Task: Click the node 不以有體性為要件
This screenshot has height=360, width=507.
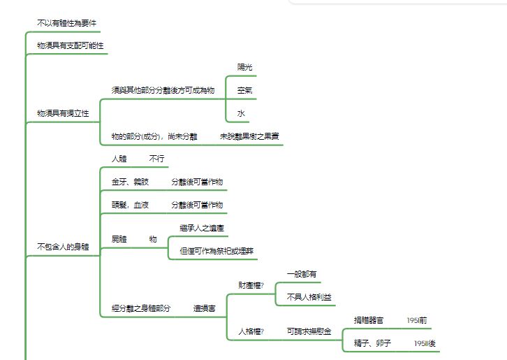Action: point(66,23)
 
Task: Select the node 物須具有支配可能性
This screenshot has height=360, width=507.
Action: point(70,45)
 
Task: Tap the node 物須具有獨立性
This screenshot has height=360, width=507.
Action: point(63,113)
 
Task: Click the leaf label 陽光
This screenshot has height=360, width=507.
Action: point(244,67)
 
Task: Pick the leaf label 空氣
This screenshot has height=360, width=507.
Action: point(244,90)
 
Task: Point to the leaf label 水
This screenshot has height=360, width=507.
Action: point(241,113)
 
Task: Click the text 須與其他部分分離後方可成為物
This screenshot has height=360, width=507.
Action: point(163,90)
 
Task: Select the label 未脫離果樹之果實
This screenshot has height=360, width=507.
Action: point(249,136)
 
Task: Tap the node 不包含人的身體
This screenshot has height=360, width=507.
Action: point(63,247)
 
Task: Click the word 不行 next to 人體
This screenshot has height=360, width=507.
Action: point(157,159)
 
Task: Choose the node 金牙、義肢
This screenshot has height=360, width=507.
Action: point(130,182)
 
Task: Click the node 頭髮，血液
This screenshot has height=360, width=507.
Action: point(130,205)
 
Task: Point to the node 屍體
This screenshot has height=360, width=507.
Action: point(119,239)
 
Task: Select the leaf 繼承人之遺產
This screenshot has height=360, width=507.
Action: point(202,228)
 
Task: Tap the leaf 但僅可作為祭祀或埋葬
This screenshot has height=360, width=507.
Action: point(216,251)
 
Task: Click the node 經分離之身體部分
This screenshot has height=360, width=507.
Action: point(141,308)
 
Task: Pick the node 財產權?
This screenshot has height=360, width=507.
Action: point(251,285)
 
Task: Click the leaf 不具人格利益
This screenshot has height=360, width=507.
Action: point(309,297)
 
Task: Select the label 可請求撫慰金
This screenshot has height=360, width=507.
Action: point(309,331)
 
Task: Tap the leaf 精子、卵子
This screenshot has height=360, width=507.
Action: point(372,343)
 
